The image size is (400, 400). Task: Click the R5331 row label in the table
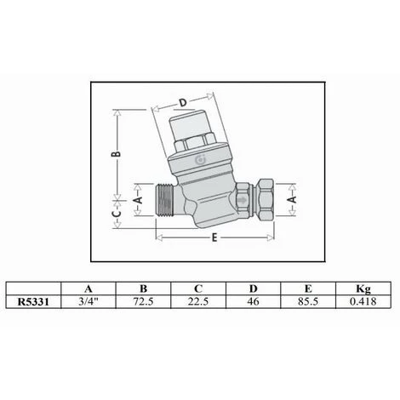point(33,301)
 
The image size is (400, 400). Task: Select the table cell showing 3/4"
point(89,301)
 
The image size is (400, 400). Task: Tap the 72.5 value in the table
point(143,301)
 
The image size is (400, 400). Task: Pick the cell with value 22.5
point(198,301)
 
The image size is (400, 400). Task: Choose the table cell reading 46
point(253,301)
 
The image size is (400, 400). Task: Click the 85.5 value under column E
point(308,301)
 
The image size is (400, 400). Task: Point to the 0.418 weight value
point(363,301)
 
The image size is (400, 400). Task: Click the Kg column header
point(363,289)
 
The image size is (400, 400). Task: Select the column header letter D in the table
point(253,289)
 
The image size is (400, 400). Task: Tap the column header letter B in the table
point(144,289)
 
